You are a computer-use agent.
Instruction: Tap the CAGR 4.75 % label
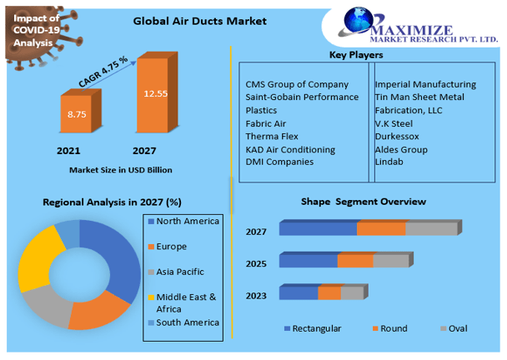click(103, 71)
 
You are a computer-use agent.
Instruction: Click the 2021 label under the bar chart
click(69, 151)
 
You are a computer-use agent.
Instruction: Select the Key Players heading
click(356, 55)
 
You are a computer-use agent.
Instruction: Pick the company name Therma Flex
click(271, 136)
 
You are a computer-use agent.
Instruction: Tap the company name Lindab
click(389, 162)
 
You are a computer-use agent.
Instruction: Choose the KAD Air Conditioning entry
click(290, 149)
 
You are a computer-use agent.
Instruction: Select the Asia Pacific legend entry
click(180, 272)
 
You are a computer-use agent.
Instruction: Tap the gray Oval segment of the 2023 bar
click(352, 292)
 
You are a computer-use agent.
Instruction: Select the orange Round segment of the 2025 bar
click(355, 261)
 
